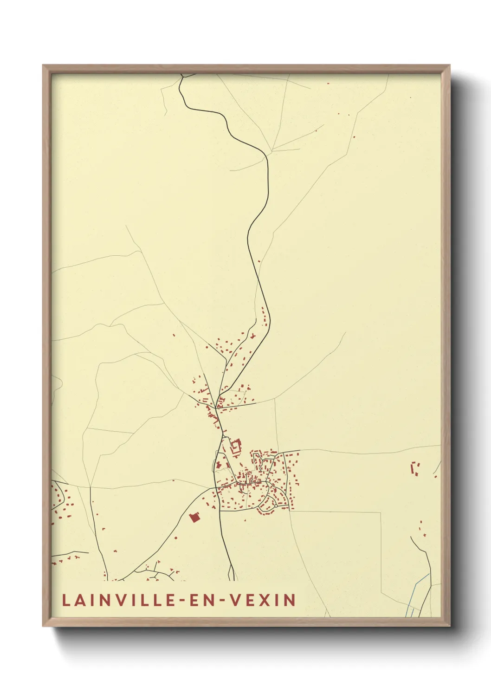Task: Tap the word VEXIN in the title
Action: coord(263,600)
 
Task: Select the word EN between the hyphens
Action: coord(196,600)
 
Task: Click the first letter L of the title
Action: coord(66,600)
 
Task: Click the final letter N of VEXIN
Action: coord(291,600)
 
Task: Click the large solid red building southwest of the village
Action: coord(194,517)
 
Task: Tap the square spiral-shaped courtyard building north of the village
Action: coord(235,447)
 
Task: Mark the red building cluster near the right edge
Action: coord(415,467)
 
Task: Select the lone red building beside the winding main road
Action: coord(259,261)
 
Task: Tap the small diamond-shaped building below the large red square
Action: coord(176,538)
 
